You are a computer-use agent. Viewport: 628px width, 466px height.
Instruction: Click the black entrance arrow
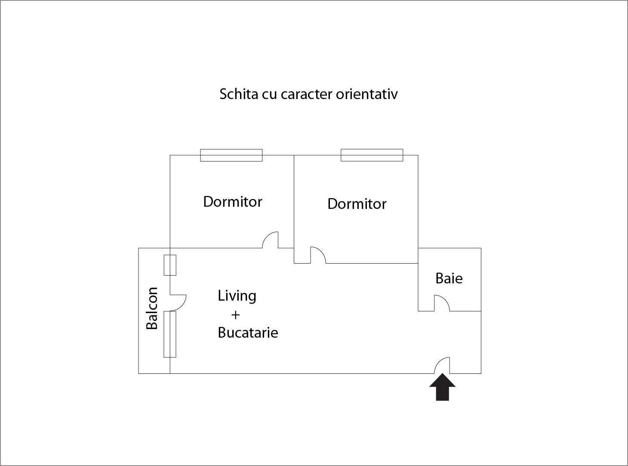pos(442,387)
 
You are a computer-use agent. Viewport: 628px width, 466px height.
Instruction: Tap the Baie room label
pos(449,278)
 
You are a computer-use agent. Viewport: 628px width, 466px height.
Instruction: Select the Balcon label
pos(152,308)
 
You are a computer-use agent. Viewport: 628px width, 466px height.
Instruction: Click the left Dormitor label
pos(233,202)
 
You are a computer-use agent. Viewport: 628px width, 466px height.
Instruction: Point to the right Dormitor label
pos(357,204)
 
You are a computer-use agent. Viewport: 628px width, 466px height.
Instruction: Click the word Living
pos(237,296)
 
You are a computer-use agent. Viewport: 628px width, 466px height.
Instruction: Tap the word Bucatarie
pos(248,332)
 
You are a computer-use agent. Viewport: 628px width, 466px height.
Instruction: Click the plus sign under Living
pos(235,315)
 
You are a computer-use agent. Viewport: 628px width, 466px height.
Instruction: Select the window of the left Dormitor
pos(231,155)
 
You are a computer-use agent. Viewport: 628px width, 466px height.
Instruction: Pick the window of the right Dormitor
pos(372,155)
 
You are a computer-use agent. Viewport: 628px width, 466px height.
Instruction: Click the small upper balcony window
pos(170,265)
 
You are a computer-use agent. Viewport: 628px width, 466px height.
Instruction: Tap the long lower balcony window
pos(170,334)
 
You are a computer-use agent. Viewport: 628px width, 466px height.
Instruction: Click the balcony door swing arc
pos(178,303)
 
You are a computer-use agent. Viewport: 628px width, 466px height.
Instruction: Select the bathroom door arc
pos(442,303)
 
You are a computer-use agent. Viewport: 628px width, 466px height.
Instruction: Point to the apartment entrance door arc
pos(442,365)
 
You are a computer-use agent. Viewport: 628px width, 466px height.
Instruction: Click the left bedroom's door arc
pos(270,240)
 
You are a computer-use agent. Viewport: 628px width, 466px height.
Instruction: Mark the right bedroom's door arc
pos(318,255)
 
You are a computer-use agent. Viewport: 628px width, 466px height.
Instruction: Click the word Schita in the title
pos(239,94)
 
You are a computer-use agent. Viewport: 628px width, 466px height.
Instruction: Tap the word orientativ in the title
pos(366,94)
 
